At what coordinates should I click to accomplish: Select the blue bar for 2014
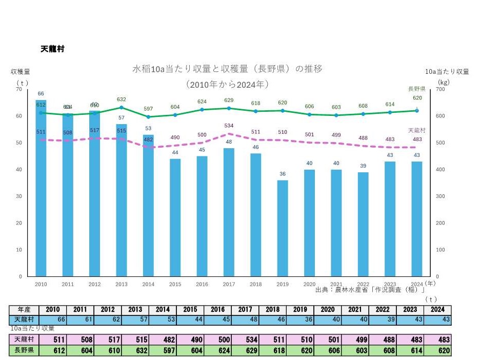click(x=148, y=205)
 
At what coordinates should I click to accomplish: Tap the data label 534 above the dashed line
click(x=229, y=125)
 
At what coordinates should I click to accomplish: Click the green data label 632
click(x=122, y=99)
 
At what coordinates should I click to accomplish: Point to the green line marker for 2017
click(x=229, y=108)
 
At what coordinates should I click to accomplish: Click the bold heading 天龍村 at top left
click(x=52, y=49)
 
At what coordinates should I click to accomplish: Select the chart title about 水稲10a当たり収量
click(x=227, y=68)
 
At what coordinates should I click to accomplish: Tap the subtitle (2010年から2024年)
click(x=228, y=84)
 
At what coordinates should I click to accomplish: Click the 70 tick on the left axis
click(x=19, y=89)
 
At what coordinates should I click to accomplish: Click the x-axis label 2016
click(x=202, y=284)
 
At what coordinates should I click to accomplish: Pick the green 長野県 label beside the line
click(x=416, y=89)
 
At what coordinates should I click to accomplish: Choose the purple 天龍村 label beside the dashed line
click(x=416, y=130)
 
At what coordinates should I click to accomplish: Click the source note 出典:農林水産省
click(x=373, y=290)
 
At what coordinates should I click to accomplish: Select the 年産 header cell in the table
click(x=24, y=310)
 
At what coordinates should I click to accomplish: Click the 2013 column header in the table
click(x=135, y=310)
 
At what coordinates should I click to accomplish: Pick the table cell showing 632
click(x=135, y=351)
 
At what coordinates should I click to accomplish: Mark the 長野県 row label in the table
click(x=24, y=351)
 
